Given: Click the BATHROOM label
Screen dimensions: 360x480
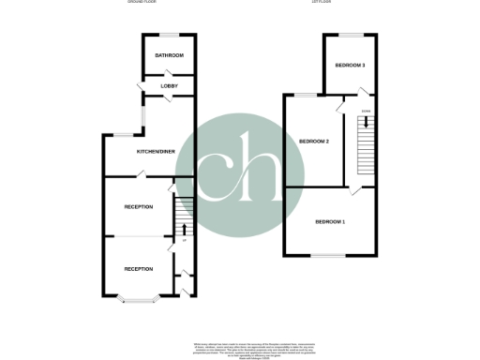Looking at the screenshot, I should [170, 56].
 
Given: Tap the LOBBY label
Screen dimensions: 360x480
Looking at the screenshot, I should [170, 86].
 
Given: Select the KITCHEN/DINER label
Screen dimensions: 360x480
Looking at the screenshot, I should [156, 151].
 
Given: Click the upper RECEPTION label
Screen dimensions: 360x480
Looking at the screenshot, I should [139, 206].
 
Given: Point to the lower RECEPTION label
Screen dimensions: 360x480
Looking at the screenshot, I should [139, 269].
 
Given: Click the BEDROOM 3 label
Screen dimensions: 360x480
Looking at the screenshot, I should [351, 65].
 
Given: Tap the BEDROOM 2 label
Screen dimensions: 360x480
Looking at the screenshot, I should [314, 141].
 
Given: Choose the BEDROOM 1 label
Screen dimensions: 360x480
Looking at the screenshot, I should [330, 221].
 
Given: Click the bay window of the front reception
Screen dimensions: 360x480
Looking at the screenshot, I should [139, 300].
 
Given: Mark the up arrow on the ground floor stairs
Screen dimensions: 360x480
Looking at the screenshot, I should [184, 227].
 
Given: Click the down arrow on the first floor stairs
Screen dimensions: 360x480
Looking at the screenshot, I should [366, 122].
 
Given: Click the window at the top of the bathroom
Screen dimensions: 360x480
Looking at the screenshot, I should [170, 35].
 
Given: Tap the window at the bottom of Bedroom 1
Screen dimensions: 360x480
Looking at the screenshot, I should [329, 255].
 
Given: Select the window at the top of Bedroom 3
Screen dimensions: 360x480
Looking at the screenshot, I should [351, 35].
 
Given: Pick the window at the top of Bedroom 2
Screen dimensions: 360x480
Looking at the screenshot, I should [307, 96].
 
